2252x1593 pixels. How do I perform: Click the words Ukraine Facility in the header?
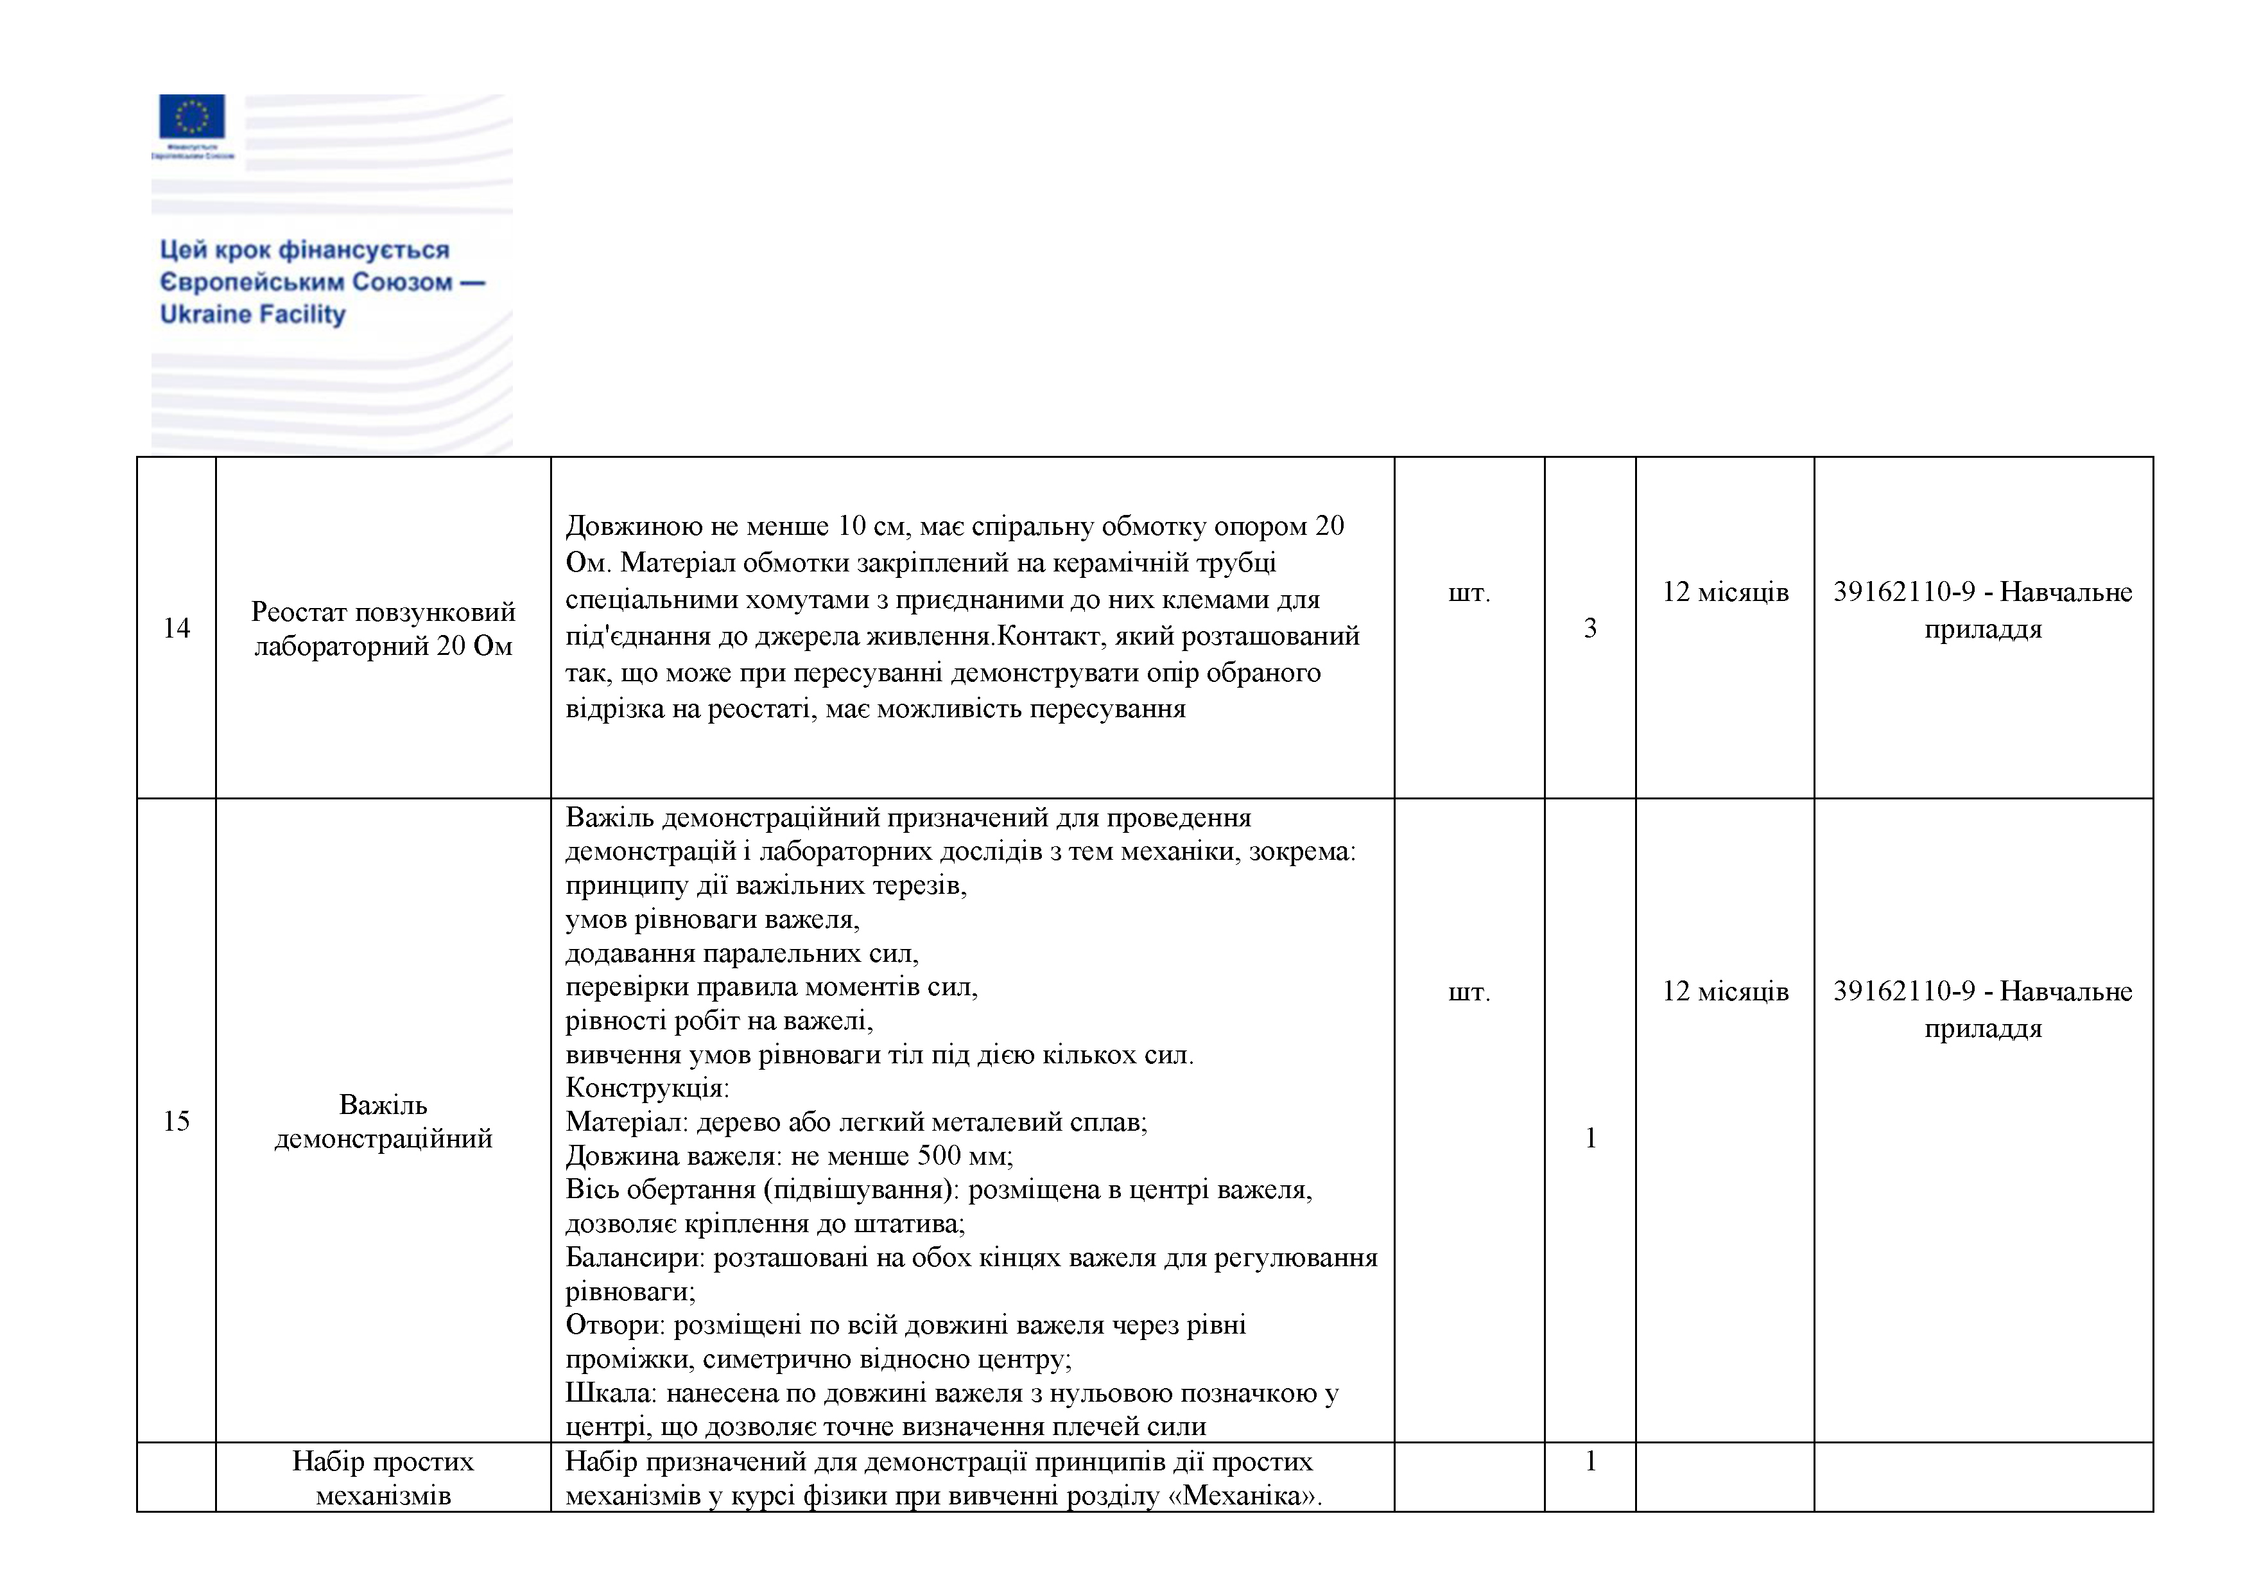pyautogui.click(x=252, y=314)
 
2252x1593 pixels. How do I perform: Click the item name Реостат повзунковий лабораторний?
pyautogui.click(x=383, y=629)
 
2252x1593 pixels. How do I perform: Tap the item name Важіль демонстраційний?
pyautogui.click(x=383, y=1121)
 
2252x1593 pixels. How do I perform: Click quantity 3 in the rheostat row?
pyautogui.click(x=1590, y=628)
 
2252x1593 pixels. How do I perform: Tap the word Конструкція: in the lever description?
pyautogui.click(x=647, y=1088)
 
